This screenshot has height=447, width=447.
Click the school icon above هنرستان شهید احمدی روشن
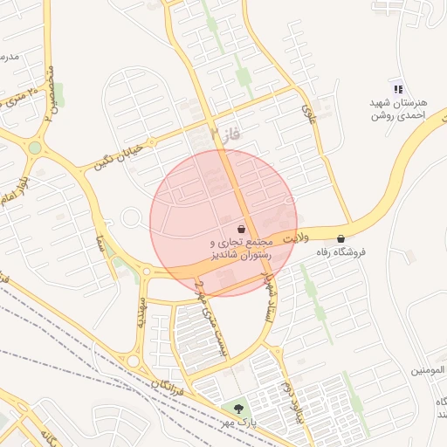click(x=398, y=88)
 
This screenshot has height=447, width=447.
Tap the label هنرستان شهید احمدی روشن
click(x=397, y=108)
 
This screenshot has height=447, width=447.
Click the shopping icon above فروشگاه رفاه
click(x=340, y=238)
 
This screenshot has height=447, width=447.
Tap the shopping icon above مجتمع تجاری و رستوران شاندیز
click(x=241, y=229)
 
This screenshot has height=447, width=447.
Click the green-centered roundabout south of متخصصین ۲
click(x=35, y=148)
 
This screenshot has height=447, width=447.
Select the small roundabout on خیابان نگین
click(x=132, y=217)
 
